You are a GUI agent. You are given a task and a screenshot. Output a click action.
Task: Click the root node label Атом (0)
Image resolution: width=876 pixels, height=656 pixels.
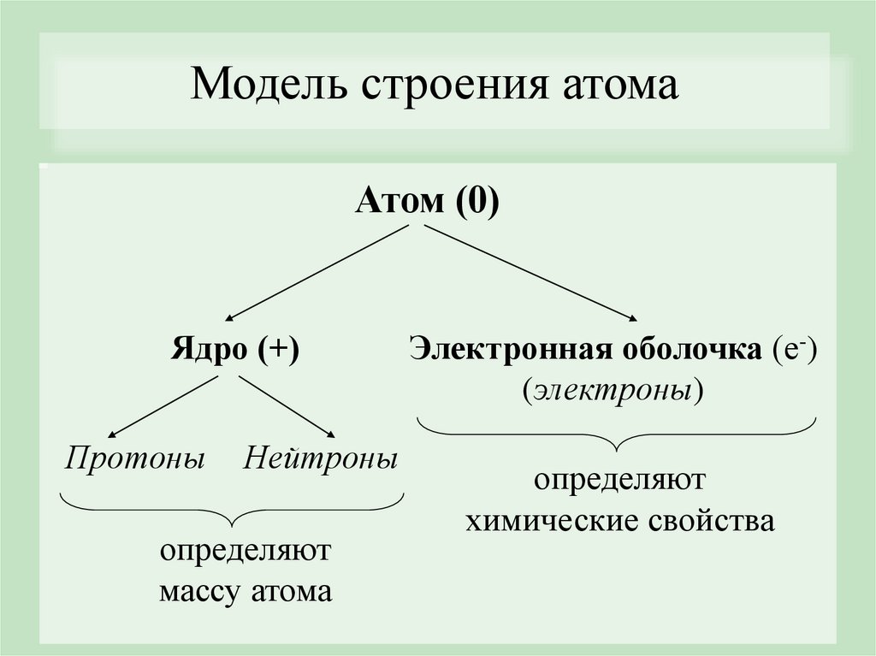click(427, 203)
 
